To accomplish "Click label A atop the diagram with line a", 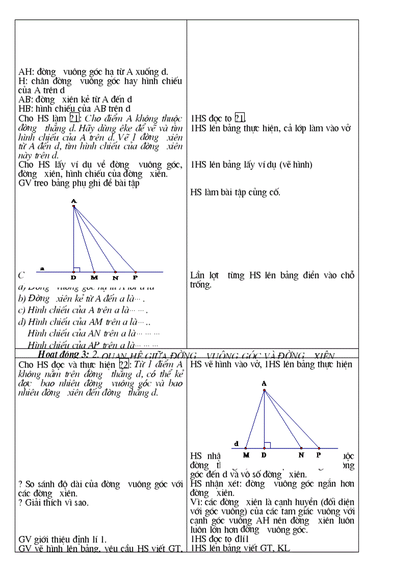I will (x=74, y=201).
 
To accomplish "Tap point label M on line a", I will (x=94, y=278).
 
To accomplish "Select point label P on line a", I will (x=135, y=278).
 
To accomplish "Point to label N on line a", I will (x=116, y=278).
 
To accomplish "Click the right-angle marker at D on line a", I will (x=76, y=269).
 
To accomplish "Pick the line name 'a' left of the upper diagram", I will (x=42, y=267).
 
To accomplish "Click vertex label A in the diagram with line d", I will (x=264, y=383).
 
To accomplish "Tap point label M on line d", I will (x=246, y=455).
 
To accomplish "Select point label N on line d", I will (x=301, y=455).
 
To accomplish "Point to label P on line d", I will (x=319, y=455).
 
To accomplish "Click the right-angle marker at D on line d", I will (x=267, y=445).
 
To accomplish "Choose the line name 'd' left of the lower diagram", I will (x=236, y=443).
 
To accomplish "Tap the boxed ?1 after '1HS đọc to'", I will (x=240, y=118).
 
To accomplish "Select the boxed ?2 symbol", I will (x=123, y=364).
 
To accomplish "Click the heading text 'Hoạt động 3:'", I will (x=61, y=354).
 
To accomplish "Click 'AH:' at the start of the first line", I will (x=25, y=72).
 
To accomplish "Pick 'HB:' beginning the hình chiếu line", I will (x=25, y=109).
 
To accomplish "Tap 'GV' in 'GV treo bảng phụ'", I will (x=24, y=183).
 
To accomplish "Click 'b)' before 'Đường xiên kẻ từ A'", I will (x=22, y=299).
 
